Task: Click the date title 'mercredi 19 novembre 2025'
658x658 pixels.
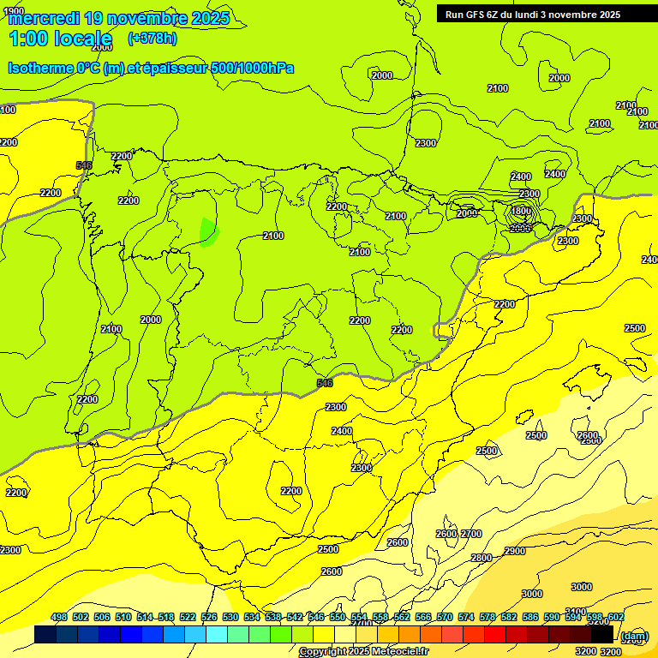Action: [x=118, y=17]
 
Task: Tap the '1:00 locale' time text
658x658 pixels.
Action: [x=60, y=39]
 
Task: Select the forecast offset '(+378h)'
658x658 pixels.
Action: [x=152, y=38]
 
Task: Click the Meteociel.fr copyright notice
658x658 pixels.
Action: [x=363, y=652]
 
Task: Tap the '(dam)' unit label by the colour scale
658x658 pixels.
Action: [x=633, y=635]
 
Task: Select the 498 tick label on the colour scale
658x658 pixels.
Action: [x=59, y=617]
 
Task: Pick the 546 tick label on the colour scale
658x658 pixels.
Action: [x=316, y=617]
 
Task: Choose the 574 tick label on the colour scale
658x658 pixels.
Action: [x=466, y=617]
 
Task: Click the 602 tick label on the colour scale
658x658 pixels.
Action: [x=616, y=617]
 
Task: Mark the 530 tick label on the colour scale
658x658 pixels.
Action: [x=230, y=617]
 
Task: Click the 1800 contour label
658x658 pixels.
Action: [x=521, y=211]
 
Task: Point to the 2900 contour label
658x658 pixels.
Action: [x=515, y=551]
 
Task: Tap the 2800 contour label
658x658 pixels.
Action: [x=482, y=558]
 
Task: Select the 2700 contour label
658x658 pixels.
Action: [x=471, y=534]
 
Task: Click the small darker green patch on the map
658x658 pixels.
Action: [x=208, y=231]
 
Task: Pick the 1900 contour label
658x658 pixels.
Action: [x=14, y=11]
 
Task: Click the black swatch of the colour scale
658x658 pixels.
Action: [x=602, y=635]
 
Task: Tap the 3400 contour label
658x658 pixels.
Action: [x=576, y=612]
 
